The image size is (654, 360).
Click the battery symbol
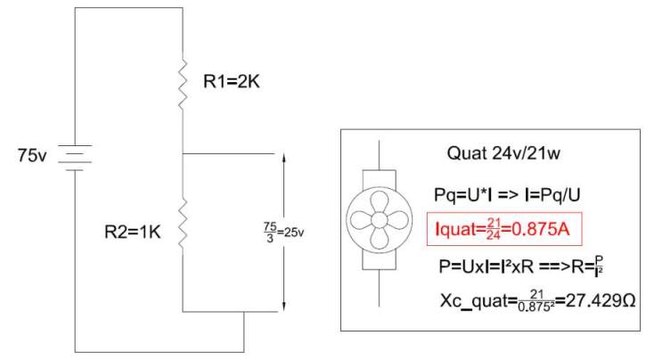[75, 157]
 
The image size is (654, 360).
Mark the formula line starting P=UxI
[522, 266]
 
